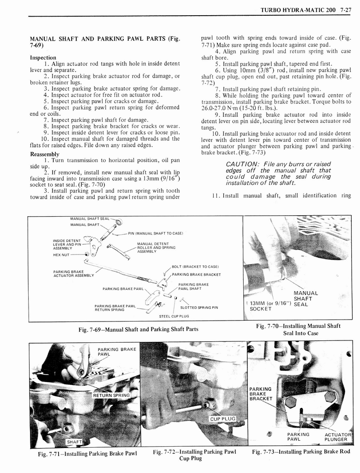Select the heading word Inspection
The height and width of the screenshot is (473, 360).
pos(43,58)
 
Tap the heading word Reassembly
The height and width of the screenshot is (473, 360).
pos(44,154)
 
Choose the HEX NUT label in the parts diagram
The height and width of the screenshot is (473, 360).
pos(62,255)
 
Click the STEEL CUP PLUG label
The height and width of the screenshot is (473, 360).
pos(174,316)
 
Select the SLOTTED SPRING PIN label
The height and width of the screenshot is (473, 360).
pos(199,307)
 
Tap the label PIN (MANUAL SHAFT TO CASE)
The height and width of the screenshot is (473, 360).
pos(156,233)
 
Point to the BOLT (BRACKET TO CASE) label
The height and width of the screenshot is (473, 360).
pos(195,267)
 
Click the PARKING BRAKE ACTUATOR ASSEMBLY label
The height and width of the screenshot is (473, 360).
pos(73,273)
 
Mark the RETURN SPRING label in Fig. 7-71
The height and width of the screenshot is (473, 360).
pos(111,395)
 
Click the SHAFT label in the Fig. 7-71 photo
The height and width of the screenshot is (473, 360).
pos(74,442)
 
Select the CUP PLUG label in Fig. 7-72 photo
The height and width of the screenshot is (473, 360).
pos(222,418)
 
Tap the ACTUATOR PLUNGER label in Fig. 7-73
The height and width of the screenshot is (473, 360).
pos(338,437)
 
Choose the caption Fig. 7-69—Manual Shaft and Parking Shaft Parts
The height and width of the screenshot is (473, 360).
pos(138,329)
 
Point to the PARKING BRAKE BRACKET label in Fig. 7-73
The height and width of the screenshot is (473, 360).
pos(261,394)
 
